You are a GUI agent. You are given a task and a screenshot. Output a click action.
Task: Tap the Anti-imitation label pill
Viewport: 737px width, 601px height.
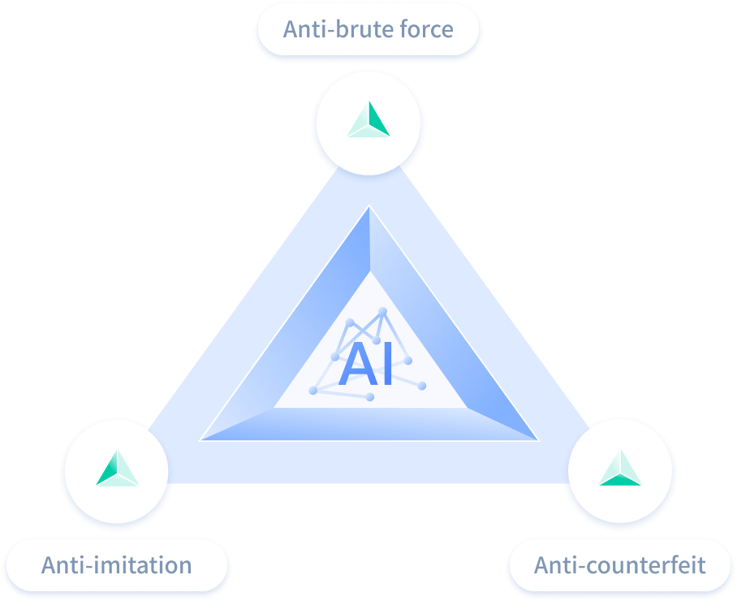116,564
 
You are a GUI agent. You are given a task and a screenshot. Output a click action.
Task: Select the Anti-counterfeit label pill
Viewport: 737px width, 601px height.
619,564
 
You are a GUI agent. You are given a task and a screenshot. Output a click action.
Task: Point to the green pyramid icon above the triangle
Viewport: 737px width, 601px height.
368,119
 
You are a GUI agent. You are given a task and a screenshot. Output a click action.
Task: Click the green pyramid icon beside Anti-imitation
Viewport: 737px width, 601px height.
117,469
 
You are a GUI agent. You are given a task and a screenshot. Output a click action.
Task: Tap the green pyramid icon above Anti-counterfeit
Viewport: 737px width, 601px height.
620,469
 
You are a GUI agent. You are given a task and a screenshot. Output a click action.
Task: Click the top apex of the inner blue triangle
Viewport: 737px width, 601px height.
369,207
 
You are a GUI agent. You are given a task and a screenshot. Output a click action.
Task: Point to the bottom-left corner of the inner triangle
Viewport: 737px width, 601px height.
201,440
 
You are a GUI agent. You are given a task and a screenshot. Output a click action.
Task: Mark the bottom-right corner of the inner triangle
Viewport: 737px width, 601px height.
537,440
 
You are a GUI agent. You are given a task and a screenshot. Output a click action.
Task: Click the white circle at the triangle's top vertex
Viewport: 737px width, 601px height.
368,122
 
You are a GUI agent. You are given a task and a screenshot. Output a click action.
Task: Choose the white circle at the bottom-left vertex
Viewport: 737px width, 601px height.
117,470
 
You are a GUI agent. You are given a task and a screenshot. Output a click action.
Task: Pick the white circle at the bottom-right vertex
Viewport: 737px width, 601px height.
620,470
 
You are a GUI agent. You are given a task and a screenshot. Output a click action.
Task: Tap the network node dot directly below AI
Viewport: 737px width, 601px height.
370,397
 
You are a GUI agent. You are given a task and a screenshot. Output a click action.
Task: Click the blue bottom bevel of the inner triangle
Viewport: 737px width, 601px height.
369,424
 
